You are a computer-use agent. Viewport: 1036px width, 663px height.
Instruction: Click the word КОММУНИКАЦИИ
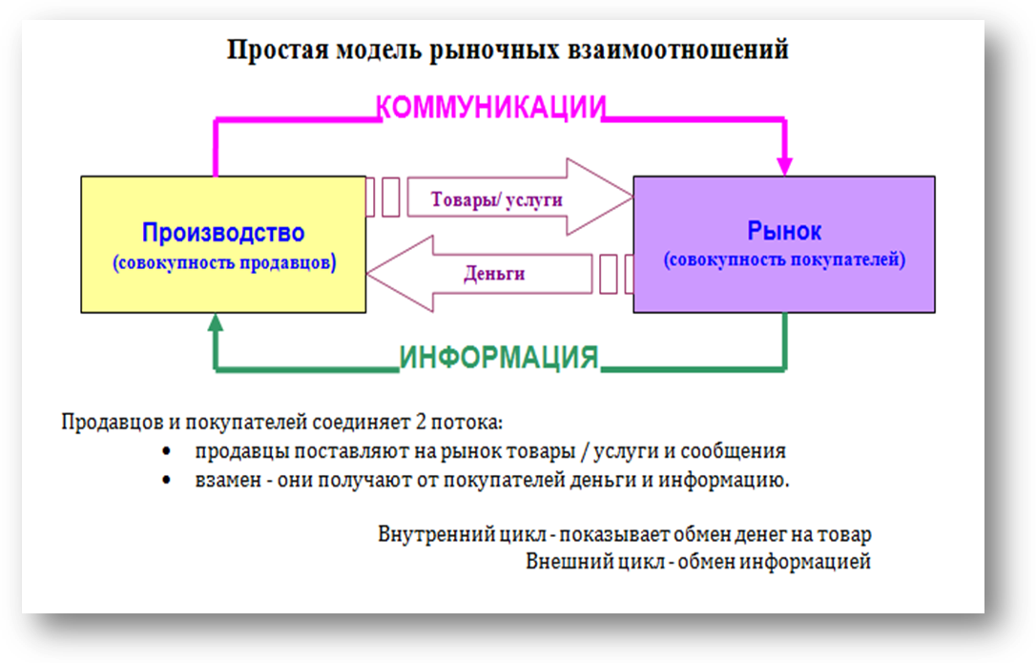490,107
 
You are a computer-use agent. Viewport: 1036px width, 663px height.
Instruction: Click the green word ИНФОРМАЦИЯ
499,358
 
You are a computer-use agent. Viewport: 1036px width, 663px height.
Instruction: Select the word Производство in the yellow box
223,233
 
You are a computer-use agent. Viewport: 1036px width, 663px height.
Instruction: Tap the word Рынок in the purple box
784,231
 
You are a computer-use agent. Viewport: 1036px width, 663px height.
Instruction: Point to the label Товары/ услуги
496,199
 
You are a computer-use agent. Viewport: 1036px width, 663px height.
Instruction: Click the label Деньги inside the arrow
494,274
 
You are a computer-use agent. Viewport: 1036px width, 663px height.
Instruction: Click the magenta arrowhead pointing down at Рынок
784,166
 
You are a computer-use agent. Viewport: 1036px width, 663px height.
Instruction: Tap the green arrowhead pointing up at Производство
216,322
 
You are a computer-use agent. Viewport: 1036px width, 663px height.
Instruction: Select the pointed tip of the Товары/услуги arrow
632,197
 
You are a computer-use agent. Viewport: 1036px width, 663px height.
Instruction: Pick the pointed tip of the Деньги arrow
367,274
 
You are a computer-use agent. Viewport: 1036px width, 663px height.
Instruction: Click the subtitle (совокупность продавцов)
224,263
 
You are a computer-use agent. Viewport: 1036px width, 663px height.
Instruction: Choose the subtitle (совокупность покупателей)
784,259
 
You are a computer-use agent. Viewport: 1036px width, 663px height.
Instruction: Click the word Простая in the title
278,51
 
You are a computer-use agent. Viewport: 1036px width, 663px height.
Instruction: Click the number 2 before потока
421,421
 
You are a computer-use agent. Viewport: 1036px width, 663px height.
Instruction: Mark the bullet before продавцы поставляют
167,451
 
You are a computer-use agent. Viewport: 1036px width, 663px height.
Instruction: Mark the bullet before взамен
167,480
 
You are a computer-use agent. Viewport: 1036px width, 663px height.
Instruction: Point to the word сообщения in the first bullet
733,451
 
